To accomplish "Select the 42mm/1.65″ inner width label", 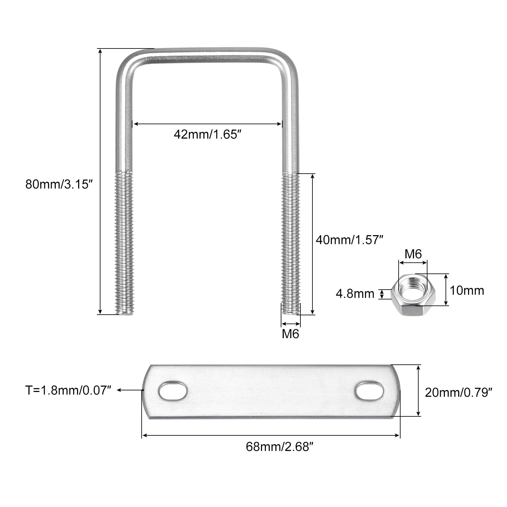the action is click(210, 135).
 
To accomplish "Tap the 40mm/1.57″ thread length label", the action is click(350, 240).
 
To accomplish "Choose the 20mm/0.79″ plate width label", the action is click(459, 393).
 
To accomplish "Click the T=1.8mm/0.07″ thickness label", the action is click(68, 390).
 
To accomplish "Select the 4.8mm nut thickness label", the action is click(355, 294).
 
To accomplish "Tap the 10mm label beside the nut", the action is click(467, 291).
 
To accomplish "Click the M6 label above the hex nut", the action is click(413, 254).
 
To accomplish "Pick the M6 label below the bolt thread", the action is click(291, 334).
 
